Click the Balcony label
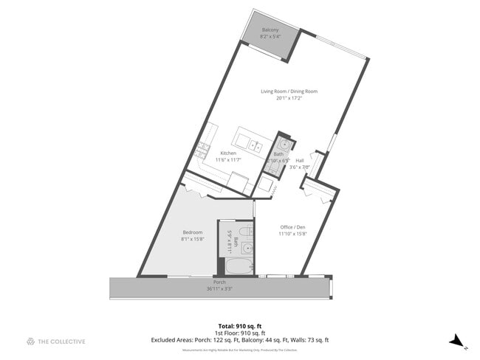pyautogui.click(x=270, y=30)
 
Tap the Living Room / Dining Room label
pyautogui.click(x=289, y=91)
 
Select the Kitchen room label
pyautogui.click(x=228, y=153)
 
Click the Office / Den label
pyautogui.click(x=292, y=226)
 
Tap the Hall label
pyautogui.click(x=300, y=161)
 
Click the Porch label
pyautogui.click(x=219, y=283)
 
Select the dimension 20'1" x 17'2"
pyautogui.click(x=289, y=98)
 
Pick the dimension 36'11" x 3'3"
pyautogui.click(x=219, y=289)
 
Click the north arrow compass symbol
pyautogui.click(x=456, y=340)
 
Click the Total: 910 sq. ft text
pyautogui.click(x=240, y=325)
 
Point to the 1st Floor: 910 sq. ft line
pyautogui.click(x=240, y=333)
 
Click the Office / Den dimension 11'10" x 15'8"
pyautogui.click(x=292, y=233)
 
